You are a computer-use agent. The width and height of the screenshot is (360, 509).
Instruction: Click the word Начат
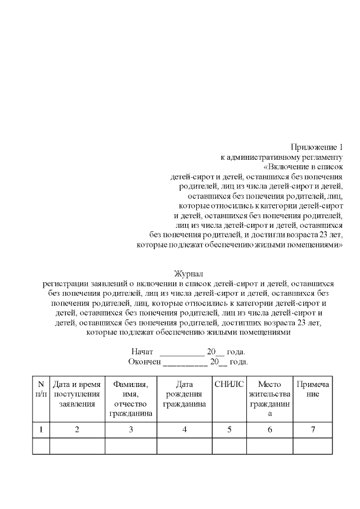coord(142,352)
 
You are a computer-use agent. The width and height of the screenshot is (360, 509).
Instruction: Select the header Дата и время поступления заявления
coord(77,394)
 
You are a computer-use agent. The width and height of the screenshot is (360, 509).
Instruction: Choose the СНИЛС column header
coord(229,384)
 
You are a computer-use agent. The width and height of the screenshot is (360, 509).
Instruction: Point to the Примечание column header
coord(312,389)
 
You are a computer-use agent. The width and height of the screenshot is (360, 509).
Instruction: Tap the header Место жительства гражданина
coord(269,398)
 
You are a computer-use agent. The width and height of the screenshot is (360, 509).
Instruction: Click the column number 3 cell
coord(130,430)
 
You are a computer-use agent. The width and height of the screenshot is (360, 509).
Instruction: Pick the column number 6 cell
coord(269,430)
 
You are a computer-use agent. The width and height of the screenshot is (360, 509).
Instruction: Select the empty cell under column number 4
coord(184,446)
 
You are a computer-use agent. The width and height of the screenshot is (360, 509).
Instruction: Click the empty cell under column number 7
coord(312,446)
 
